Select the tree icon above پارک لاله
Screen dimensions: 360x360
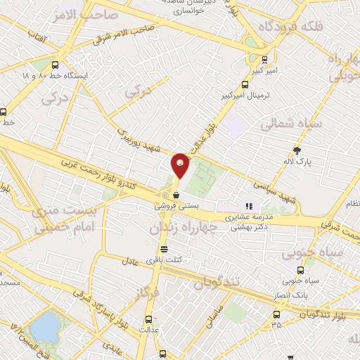(x=296, y=150)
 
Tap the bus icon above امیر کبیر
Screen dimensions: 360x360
(x=264, y=60)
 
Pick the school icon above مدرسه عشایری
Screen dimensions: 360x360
(x=248, y=207)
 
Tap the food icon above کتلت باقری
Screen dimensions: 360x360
(x=164, y=249)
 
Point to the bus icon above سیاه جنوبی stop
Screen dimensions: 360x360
(x=301, y=270)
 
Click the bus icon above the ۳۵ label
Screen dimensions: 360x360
(x=276, y=314)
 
